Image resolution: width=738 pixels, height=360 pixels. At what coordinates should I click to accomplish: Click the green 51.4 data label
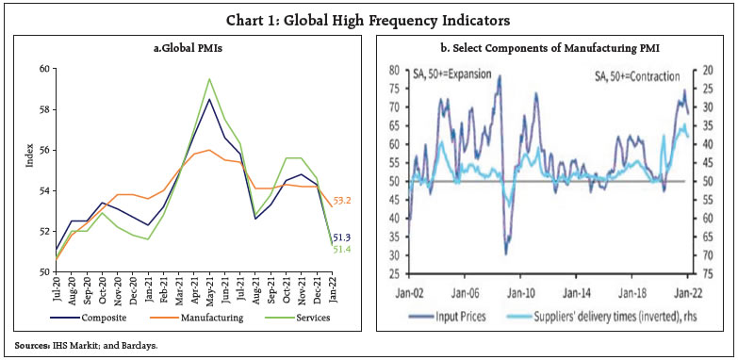click(345, 249)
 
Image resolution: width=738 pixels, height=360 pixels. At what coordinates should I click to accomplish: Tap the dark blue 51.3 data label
click(345, 237)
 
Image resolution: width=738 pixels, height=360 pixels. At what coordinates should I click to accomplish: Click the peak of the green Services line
click(208, 79)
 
